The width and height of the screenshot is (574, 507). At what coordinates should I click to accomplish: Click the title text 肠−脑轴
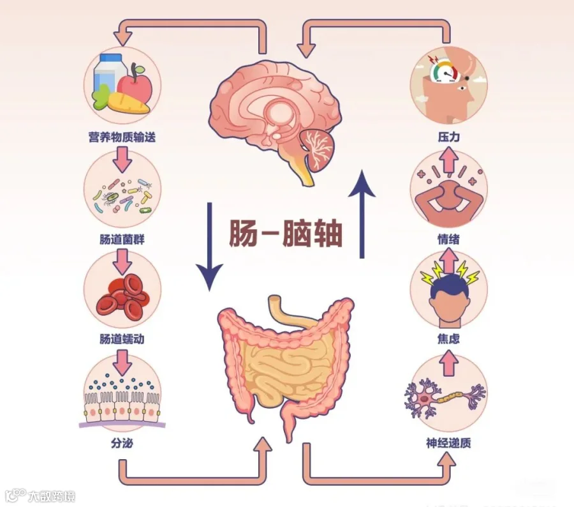pos(286,234)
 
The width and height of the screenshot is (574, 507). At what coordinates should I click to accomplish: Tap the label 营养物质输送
pos(122,136)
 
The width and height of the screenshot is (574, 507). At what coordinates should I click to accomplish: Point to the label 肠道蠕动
pos(122,338)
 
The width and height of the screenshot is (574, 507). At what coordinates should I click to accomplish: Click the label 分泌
pos(122,441)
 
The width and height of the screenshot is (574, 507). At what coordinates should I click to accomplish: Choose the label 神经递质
pos(448,442)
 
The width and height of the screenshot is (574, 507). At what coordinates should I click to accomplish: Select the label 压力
pos(448,136)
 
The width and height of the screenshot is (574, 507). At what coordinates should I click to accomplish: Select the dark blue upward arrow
pos(362,214)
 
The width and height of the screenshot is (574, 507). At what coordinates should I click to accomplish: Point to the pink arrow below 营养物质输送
pos(122,158)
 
